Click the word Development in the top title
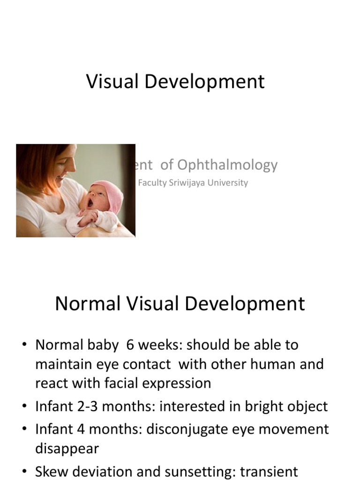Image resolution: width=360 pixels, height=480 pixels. pos(204,82)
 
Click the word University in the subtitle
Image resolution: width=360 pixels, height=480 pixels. pos(229,183)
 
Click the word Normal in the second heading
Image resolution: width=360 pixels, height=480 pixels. pos(87,304)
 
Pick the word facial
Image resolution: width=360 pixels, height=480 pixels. pos(127,383)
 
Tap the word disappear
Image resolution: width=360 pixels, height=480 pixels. pos(67,449)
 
